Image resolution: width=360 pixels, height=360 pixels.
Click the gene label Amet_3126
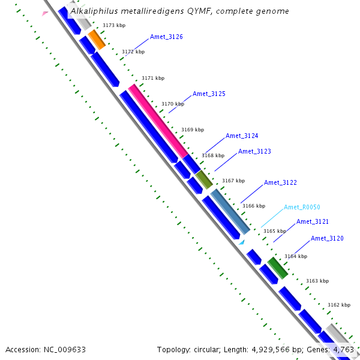coord(166,37)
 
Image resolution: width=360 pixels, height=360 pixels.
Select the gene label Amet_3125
coord(209,94)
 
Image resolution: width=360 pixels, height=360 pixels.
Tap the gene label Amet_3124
coord(242,136)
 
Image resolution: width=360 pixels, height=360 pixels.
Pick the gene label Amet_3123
coord(254,152)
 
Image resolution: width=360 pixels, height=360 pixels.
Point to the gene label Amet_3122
coord(280,183)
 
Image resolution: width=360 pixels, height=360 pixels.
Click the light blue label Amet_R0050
coord(302,208)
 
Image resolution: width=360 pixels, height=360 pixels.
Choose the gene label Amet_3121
coord(313,222)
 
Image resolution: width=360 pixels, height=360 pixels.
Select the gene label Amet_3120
coord(327,239)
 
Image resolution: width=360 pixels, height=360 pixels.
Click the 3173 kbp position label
coord(114,26)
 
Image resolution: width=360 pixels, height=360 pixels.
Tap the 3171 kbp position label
coord(153,79)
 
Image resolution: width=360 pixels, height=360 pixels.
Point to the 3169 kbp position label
coord(193,130)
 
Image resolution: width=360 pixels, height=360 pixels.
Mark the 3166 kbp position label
coord(253,206)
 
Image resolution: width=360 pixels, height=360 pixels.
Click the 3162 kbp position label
coord(339,305)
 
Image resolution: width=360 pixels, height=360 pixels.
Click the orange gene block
coord(97,40)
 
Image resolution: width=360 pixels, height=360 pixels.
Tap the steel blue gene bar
coord(230,211)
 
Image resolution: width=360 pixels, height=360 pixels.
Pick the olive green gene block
coord(204,179)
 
